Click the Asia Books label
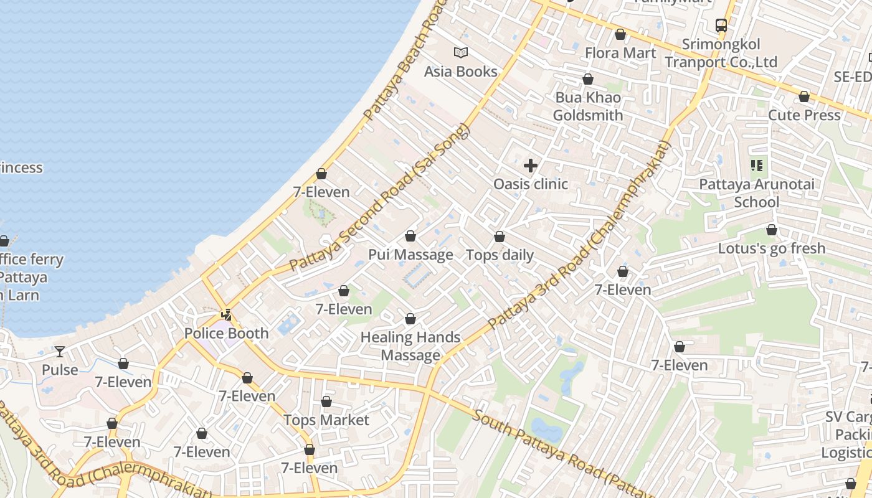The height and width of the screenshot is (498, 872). click(460, 72)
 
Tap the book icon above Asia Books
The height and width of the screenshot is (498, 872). click(460, 53)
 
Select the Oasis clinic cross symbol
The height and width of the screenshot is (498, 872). click(531, 166)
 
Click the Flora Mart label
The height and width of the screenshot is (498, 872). click(620, 53)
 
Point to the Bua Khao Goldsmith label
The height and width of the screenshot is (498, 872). click(587, 106)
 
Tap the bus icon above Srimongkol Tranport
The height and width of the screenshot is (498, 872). click(721, 26)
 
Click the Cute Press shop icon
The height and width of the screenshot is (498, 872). click(804, 96)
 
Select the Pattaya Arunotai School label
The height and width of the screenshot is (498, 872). click(756, 193)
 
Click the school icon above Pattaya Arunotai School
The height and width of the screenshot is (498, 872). click(757, 166)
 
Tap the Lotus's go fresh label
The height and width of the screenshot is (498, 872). click(771, 248)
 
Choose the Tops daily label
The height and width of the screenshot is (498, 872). click(500, 255)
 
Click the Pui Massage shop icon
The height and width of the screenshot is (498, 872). click(410, 236)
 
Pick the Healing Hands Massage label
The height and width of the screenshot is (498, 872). click(410, 346)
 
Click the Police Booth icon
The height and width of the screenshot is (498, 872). click(227, 315)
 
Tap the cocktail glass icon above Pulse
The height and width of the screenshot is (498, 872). click(60, 352)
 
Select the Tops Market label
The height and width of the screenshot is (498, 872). click(326, 420)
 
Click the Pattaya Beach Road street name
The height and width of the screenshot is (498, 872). click(405, 62)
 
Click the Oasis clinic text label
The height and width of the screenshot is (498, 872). click(531, 184)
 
